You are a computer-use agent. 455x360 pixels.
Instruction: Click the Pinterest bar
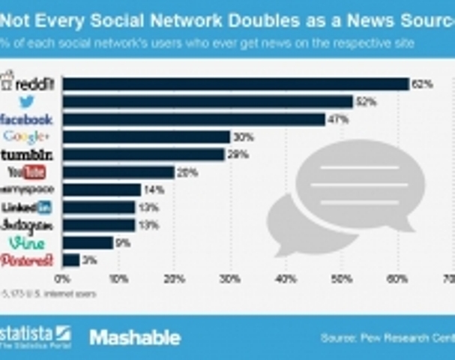(x=71, y=260)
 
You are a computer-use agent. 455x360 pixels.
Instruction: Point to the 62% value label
(x=422, y=85)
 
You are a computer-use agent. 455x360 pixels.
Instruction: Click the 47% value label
(x=338, y=119)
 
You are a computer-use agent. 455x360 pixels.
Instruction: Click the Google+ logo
(x=26, y=136)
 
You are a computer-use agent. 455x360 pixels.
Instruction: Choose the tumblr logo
(x=28, y=154)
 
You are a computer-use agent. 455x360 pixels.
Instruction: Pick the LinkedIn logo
(x=27, y=208)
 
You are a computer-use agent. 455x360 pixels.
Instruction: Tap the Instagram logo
(x=27, y=225)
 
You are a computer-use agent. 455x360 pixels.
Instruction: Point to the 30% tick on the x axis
(x=229, y=278)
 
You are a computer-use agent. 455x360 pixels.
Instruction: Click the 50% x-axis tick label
(x=342, y=278)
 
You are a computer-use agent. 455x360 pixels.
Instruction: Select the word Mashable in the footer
(x=135, y=337)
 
